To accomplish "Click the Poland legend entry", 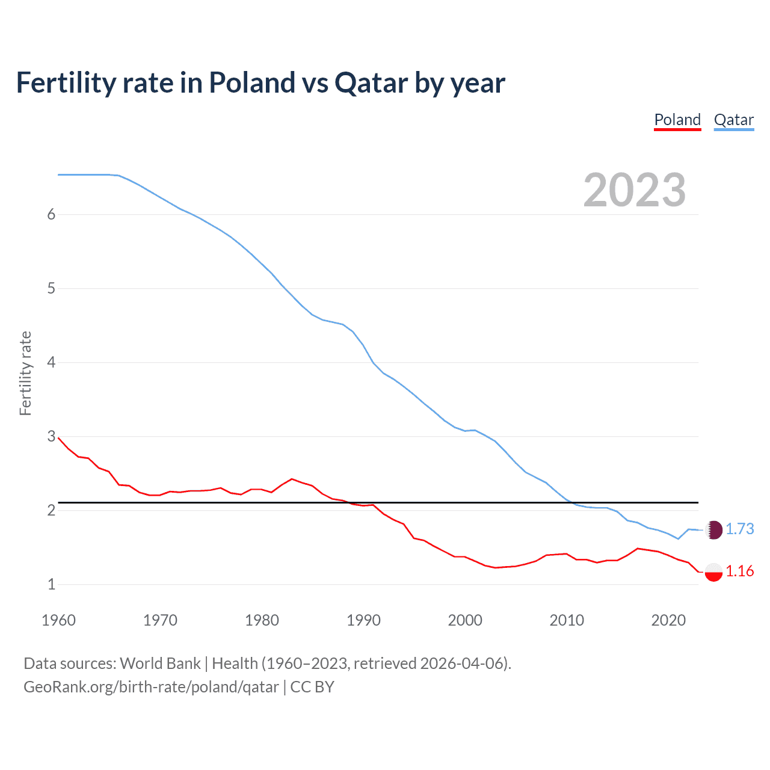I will click(x=677, y=120).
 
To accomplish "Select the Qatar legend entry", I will click(x=733, y=120).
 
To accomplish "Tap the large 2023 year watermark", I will click(x=634, y=190).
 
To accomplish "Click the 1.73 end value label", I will click(x=739, y=529).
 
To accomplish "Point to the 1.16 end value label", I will click(x=739, y=571).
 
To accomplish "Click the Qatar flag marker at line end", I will click(x=713, y=529).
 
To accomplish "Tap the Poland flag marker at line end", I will click(x=713, y=571).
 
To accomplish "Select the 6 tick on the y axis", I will click(x=51, y=215).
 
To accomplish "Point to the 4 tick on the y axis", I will click(x=51, y=363).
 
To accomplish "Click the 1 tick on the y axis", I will click(x=51, y=584).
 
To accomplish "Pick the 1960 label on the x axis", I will click(x=58, y=620).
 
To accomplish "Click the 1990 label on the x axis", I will click(x=363, y=620).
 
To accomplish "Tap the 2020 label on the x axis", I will click(x=668, y=620).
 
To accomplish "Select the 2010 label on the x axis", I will click(x=567, y=620).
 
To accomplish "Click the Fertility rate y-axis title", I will click(x=25, y=373).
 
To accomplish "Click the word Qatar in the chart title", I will click(x=371, y=83).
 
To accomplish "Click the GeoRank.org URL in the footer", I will click(x=151, y=687).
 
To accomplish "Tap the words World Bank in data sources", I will click(x=160, y=664).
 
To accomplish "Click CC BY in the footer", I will click(x=312, y=687).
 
